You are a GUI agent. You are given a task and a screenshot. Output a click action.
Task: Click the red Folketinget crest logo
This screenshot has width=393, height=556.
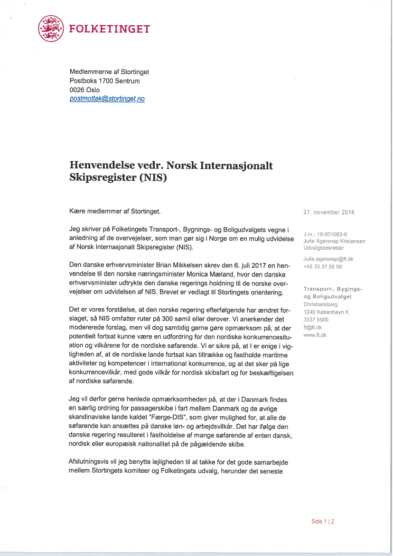[x=51, y=29]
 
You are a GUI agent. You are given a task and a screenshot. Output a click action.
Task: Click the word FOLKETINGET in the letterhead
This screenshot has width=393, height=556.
[x=110, y=29]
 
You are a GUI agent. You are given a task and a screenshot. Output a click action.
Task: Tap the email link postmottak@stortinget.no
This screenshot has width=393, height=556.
[x=107, y=98]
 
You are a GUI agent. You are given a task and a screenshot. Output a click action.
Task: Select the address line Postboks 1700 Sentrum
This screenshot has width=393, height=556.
[x=104, y=81]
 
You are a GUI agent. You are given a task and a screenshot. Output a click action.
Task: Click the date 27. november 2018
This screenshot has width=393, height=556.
[x=328, y=213]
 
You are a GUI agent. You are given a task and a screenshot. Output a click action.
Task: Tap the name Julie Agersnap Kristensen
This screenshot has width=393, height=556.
[x=334, y=241]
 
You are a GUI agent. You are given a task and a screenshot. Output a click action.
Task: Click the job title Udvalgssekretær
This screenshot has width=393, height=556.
[x=320, y=248]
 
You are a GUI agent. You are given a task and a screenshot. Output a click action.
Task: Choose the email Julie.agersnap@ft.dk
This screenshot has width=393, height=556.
[x=328, y=259]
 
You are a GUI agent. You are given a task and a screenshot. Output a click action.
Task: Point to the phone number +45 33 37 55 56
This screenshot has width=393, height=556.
[x=323, y=266]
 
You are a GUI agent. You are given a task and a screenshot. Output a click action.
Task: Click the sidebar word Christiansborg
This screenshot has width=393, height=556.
[x=320, y=304]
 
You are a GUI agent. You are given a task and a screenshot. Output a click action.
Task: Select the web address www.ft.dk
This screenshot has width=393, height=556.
[x=315, y=335]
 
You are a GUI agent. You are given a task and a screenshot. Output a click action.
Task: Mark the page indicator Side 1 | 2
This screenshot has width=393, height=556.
[x=323, y=521]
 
